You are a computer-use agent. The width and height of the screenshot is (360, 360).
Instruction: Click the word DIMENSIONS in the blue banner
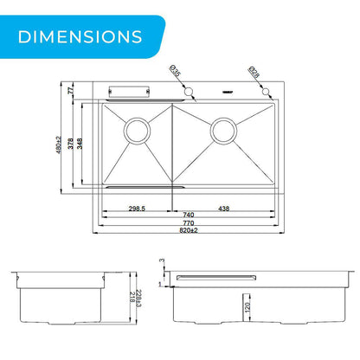pos(80,36)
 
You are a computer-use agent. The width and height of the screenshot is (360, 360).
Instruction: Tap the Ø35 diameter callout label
pos(175,71)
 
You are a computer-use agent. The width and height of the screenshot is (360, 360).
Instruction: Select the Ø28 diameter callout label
pos(254,72)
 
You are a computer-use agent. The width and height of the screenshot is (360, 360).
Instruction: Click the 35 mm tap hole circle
pos(189,92)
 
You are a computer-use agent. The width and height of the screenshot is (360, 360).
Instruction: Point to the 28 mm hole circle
pos(266,92)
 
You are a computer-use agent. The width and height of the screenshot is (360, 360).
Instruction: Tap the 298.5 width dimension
pos(137,209)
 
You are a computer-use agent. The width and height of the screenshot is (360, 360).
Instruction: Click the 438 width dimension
pos(224,209)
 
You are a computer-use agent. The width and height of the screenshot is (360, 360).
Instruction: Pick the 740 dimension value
pos(189,215)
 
